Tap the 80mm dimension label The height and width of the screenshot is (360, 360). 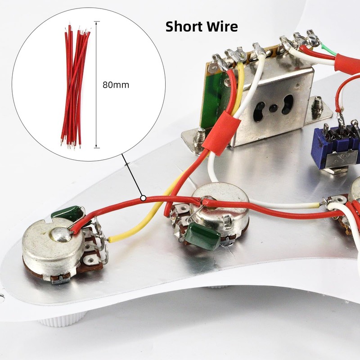pos(116,85)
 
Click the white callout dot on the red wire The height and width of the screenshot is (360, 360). pos(143,198)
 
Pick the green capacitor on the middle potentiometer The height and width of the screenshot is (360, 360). pos(202,236)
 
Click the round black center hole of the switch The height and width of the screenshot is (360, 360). pos(273,108)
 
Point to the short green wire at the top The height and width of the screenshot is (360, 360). pos(329,50)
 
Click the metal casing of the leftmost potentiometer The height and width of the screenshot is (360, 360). pos(53,251)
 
